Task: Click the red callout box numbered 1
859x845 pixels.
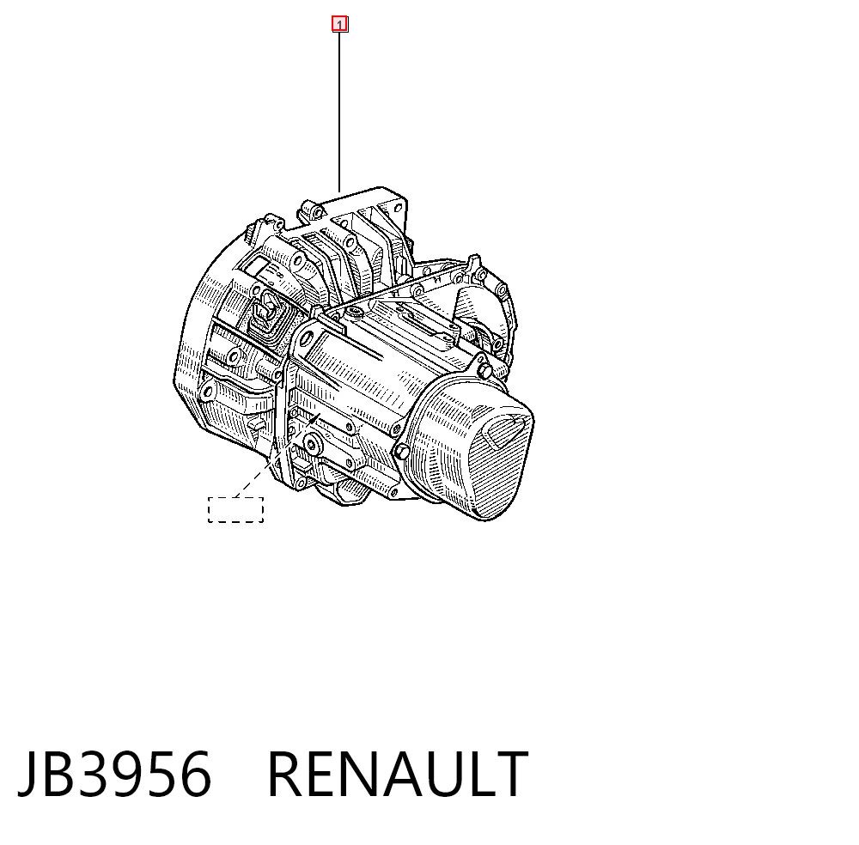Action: pos(339,24)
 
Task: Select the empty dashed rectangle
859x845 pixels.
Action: pos(235,510)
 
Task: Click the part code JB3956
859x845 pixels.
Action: pos(114,774)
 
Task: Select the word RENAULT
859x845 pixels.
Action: pos(398,774)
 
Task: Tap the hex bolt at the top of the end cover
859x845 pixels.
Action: pos(484,370)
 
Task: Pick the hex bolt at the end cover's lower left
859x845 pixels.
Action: pos(401,452)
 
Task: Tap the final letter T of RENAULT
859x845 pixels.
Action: pos(510,774)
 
